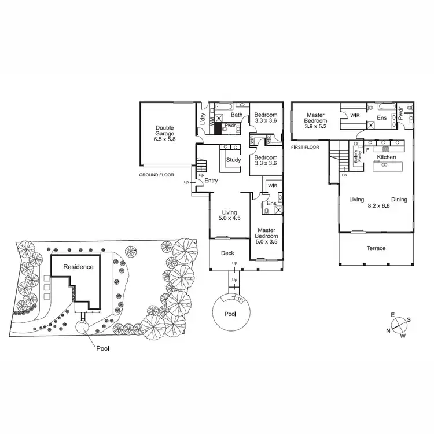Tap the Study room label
pyautogui.click(x=234, y=160)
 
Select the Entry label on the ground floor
pyautogui.click(x=211, y=181)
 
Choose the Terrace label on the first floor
pyautogui.click(x=376, y=248)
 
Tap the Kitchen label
pyautogui.click(x=386, y=157)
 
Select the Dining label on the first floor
pyautogui.click(x=399, y=200)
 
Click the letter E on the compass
pyautogui.click(x=392, y=315)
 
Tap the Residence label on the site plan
pyautogui.click(x=78, y=267)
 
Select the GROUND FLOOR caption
pyautogui.click(x=157, y=174)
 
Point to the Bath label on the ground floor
pyautogui.click(x=237, y=115)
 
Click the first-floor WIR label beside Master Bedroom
pyautogui.click(x=355, y=116)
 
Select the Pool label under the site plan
pyautogui.click(x=102, y=349)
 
